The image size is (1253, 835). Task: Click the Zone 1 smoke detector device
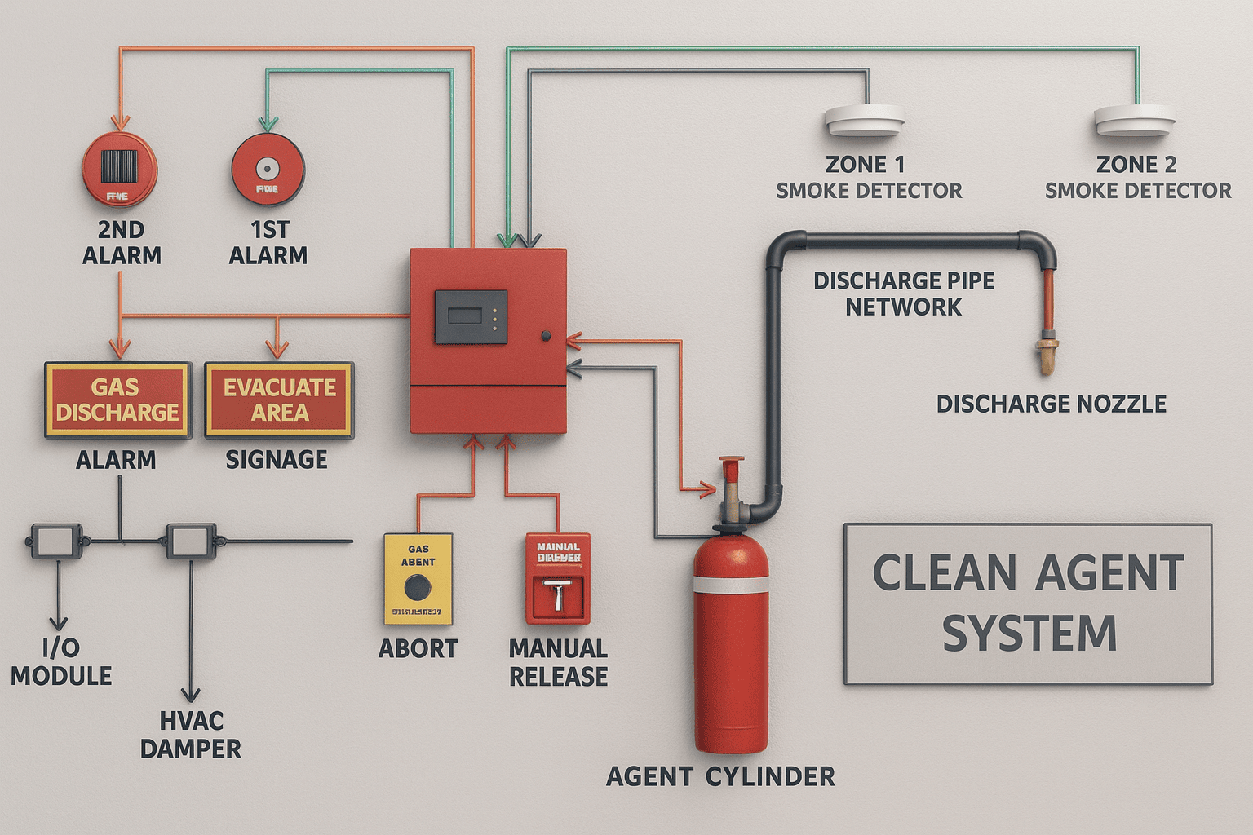pyautogui.click(x=865, y=121)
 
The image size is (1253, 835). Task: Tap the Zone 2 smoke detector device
pyautogui.click(x=1135, y=121)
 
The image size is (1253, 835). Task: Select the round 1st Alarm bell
pyautogui.click(x=267, y=170)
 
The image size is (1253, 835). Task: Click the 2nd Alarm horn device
pyautogui.click(x=120, y=172)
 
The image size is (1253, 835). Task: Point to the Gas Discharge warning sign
pyautogui.click(x=117, y=400)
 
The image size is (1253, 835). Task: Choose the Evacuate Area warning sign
pyautogui.click(x=279, y=400)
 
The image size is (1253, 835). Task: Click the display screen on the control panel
pyautogui.click(x=471, y=316)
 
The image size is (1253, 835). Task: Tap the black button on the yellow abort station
pyautogui.click(x=418, y=587)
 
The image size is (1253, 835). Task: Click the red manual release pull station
pyautogui.click(x=558, y=579)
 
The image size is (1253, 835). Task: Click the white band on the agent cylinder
pyautogui.click(x=730, y=584)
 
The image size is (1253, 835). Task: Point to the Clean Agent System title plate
pyautogui.click(x=1028, y=603)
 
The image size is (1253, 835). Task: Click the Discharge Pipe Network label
pyautogui.click(x=904, y=294)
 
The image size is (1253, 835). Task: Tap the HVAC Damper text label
pyautogui.click(x=191, y=735)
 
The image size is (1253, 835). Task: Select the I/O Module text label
pyautogui.click(x=61, y=662)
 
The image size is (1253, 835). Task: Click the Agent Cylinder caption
pyautogui.click(x=720, y=776)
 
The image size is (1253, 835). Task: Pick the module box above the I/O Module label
pyautogui.click(x=57, y=541)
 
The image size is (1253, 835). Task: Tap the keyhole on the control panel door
pyautogui.click(x=545, y=336)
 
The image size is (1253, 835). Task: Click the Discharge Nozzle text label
pyautogui.click(x=1051, y=404)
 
